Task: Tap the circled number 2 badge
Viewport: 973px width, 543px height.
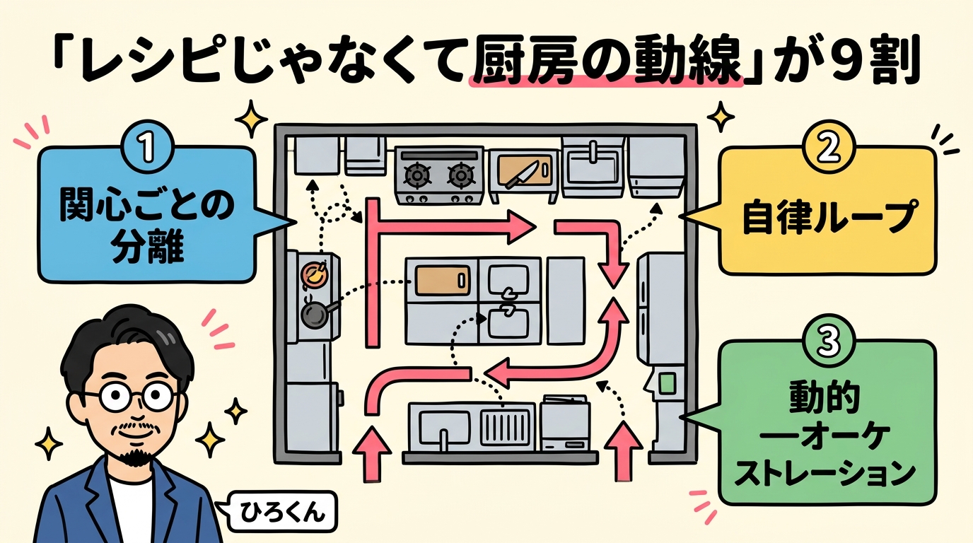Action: [826, 146]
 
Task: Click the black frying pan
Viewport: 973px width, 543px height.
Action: [314, 315]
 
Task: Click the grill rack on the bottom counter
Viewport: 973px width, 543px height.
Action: [505, 428]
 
